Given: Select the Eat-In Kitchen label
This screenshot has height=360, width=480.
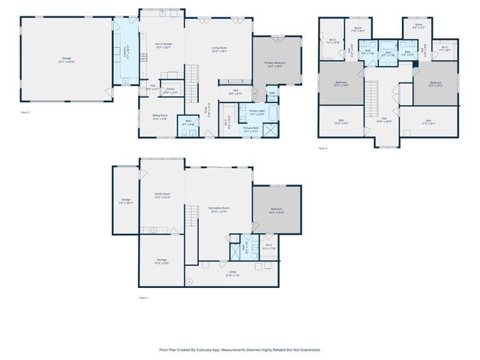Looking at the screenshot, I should pyautogui.click(x=163, y=46).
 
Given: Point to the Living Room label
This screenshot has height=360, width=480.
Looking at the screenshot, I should pyautogui.click(x=219, y=49).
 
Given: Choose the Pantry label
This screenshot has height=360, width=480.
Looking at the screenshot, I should pyautogui.click(x=170, y=90).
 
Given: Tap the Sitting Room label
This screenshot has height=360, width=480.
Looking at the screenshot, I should pyautogui.click(x=160, y=117).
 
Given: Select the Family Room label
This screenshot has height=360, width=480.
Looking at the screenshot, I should pyautogui.click(x=162, y=196).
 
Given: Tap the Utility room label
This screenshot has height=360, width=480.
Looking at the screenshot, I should pyautogui.click(x=233, y=274).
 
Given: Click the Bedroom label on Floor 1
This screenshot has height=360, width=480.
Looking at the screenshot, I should pyautogui.click(x=276, y=211).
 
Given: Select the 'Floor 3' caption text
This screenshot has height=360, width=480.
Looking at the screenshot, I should pyautogui.click(x=323, y=148).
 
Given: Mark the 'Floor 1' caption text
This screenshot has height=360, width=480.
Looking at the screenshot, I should pyautogui.click(x=143, y=298).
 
